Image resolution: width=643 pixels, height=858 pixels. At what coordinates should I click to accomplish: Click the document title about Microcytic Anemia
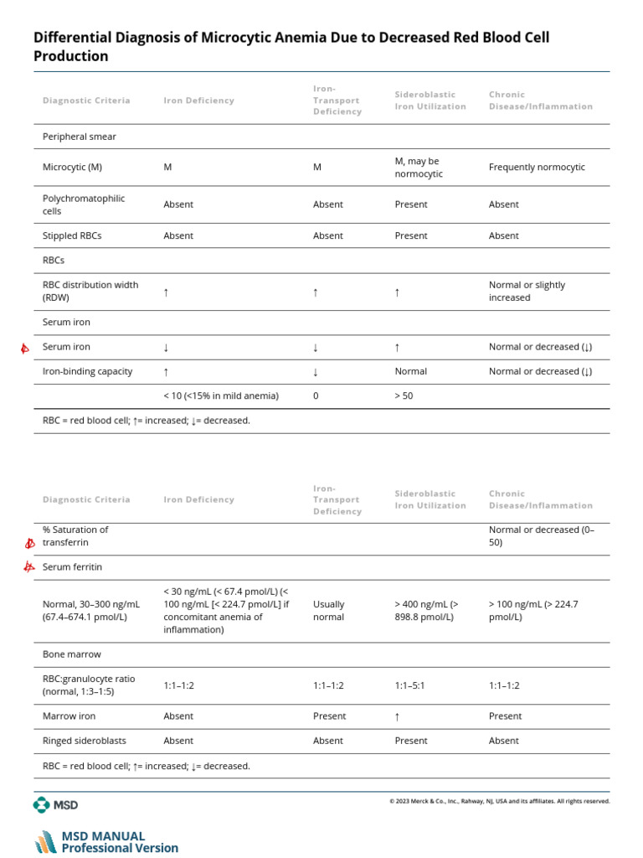click(291, 47)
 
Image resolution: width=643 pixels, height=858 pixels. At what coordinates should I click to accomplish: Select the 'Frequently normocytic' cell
click(537, 168)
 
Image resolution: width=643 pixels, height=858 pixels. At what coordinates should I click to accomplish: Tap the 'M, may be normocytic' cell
click(418, 168)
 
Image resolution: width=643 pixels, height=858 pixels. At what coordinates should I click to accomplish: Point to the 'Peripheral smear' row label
click(80, 137)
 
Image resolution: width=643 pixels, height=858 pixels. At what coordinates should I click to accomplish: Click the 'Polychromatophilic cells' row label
click(83, 204)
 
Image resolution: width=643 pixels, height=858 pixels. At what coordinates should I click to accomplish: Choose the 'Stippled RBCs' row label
click(72, 236)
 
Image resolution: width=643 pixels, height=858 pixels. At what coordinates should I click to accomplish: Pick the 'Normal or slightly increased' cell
click(527, 292)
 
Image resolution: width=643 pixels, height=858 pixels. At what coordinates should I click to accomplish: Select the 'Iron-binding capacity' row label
click(87, 371)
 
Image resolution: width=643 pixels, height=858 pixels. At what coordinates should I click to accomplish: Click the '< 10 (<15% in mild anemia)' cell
click(221, 396)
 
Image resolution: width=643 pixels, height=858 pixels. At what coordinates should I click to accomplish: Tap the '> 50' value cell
click(404, 396)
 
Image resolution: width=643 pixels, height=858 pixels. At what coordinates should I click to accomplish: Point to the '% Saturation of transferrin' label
click(75, 536)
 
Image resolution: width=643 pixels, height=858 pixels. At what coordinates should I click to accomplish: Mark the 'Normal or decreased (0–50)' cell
click(541, 536)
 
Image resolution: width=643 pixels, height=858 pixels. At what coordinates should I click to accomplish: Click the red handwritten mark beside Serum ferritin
click(29, 567)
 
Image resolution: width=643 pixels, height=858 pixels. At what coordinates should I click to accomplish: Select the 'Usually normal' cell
click(328, 611)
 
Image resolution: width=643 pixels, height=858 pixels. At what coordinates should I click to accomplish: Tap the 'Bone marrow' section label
click(71, 654)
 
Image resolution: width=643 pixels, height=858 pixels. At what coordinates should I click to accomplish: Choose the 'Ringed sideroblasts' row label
click(82, 741)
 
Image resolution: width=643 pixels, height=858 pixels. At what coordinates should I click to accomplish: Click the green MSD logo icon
click(42, 805)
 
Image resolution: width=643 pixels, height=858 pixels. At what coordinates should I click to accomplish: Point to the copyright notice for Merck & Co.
click(499, 801)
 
